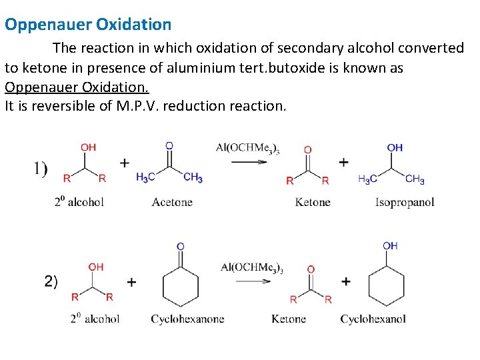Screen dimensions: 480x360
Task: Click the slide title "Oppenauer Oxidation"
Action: (88, 25)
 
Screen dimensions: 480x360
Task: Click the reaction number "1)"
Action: (40, 168)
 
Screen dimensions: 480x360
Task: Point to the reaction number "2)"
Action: (51, 281)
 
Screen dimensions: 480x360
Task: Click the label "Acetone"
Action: (172, 202)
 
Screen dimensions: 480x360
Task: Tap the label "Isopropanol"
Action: (405, 202)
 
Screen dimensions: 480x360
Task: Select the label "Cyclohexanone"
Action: (187, 319)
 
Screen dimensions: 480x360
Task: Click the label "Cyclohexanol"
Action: (373, 319)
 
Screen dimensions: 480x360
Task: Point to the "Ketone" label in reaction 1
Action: (313, 202)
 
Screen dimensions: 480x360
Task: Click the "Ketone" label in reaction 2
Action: (289, 319)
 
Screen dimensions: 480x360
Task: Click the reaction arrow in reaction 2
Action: (253, 281)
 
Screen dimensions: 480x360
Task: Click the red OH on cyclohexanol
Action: (390, 246)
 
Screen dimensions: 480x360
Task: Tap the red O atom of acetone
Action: (169, 145)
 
